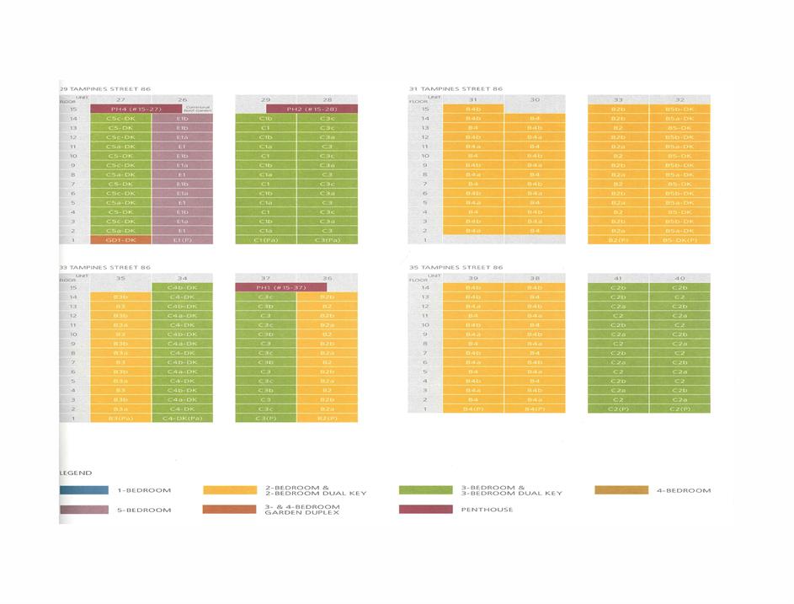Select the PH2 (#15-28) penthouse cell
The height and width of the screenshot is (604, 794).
point(312,109)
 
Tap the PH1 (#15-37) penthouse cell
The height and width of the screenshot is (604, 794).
point(280,287)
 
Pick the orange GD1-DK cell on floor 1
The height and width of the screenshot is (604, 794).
point(120,240)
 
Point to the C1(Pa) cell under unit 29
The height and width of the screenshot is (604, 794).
point(265,240)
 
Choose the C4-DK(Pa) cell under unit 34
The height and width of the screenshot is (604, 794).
point(182,418)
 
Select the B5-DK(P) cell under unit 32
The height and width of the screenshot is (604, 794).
point(679,240)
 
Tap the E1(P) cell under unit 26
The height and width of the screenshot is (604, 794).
point(182,240)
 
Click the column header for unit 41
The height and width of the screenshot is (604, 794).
point(618,277)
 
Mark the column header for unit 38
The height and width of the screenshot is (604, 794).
point(534,277)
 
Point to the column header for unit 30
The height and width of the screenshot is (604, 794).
point(534,99)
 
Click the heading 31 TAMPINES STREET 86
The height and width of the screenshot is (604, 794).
point(456,88)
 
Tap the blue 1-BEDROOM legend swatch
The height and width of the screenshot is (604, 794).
point(84,489)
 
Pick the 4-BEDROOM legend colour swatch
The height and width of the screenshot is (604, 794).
point(621,489)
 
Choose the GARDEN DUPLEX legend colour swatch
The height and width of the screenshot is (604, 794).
point(229,509)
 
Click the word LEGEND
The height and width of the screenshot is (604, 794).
point(75,473)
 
